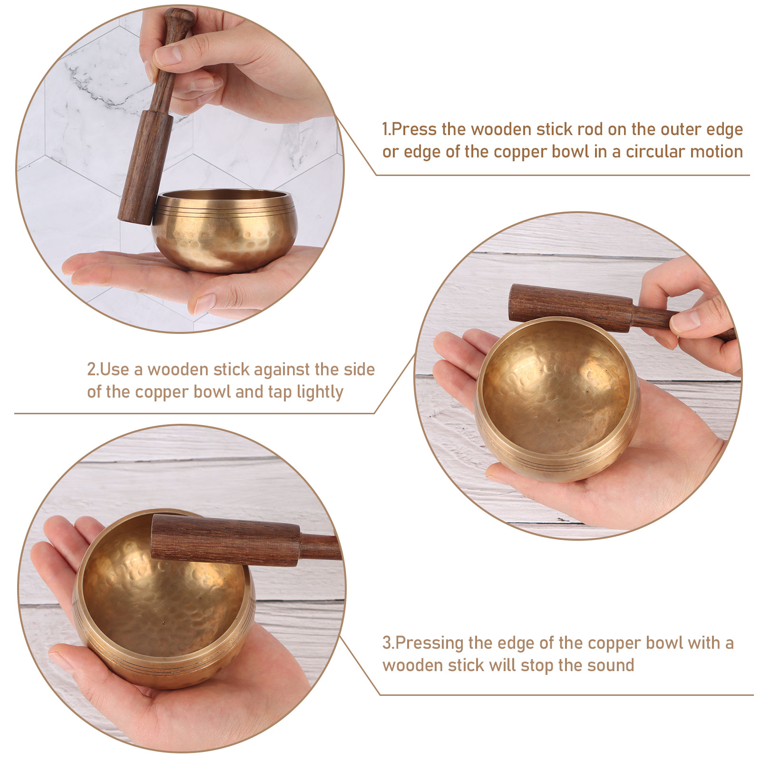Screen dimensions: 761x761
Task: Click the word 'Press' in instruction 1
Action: [414, 129]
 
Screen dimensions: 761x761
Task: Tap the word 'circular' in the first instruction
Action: [654, 152]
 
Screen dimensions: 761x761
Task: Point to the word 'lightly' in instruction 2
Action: [320, 393]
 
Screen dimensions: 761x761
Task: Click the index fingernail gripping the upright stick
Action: [169, 54]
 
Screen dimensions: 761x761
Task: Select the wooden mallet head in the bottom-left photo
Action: [225, 540]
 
